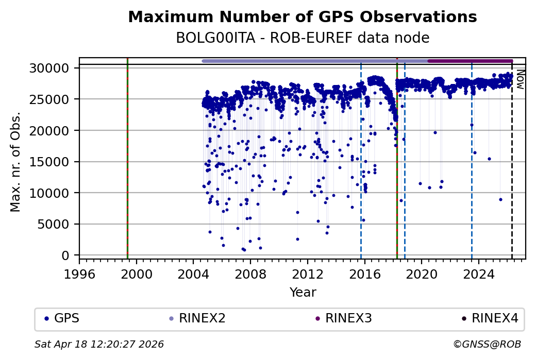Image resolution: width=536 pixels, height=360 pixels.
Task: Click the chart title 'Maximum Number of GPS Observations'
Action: [303, 17]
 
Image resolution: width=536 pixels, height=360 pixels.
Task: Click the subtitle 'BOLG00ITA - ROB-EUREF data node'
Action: [303, 38]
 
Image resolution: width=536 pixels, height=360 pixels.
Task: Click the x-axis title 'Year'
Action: [303, 293]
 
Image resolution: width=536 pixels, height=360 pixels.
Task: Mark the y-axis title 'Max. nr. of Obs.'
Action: [15, 161]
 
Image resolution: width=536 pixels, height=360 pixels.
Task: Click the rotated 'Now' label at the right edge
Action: [521, 79]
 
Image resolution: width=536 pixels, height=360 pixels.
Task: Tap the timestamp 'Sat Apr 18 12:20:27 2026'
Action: [99, 344]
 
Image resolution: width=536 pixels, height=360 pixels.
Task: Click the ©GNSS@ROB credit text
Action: [487, 344]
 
